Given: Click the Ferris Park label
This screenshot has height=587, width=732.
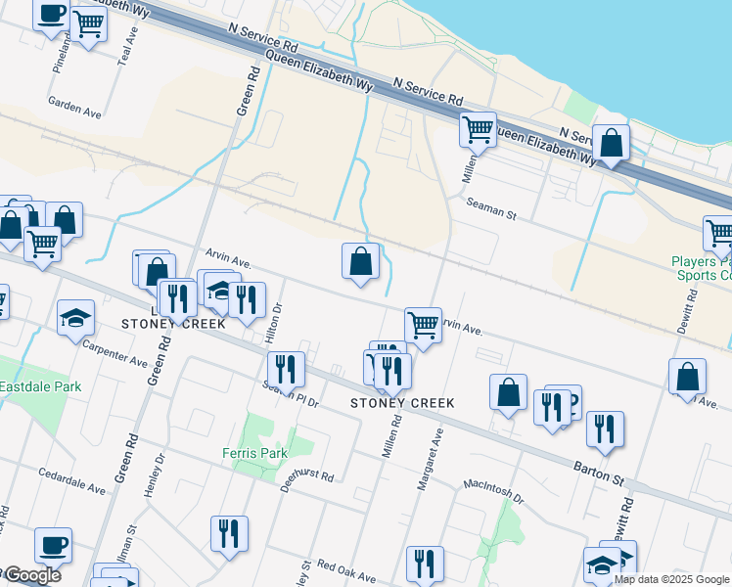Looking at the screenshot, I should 253,453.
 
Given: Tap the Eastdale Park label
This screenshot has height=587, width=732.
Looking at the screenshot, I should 40,387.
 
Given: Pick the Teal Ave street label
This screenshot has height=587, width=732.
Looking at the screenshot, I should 125,46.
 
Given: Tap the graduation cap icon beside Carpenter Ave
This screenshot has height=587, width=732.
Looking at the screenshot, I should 75,318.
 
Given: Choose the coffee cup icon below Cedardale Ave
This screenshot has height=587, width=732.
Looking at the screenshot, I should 53,544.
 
